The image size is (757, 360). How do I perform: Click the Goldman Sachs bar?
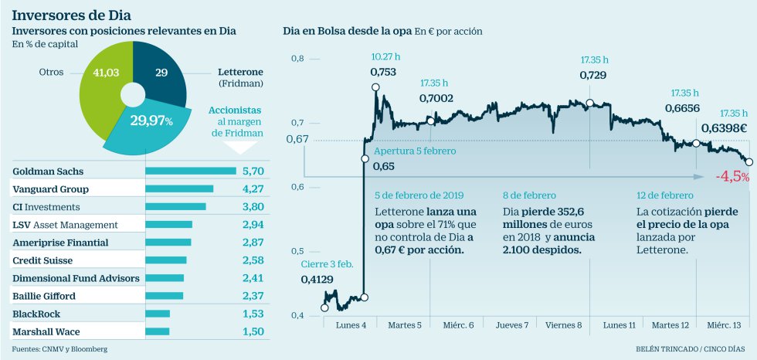coord(190,171)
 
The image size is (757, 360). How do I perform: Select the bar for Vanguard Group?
coord(178,188)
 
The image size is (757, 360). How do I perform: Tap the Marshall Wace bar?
coord(157,331)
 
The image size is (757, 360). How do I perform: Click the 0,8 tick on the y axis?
coord(297,59)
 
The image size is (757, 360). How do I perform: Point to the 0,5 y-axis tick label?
coord(297,251)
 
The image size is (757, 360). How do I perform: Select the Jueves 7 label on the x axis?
coord(511,325)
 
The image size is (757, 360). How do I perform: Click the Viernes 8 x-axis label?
coord(564,325)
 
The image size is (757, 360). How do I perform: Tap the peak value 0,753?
coord(383,73)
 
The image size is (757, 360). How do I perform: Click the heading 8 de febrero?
coord(529,195)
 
